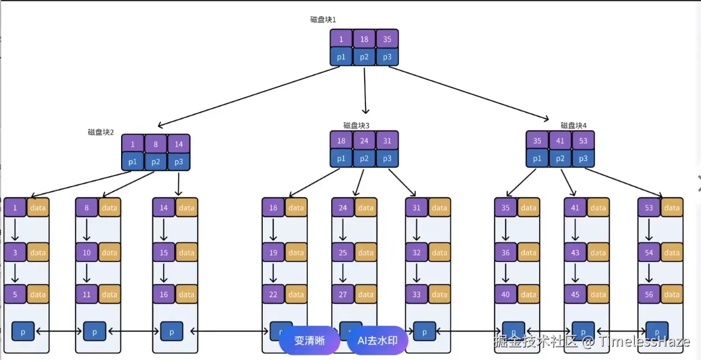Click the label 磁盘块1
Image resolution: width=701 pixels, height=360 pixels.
[x=323, y=20]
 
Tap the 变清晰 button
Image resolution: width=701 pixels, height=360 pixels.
[x=309, y=340]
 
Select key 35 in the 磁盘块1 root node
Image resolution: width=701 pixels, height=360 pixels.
[x=387, y=39]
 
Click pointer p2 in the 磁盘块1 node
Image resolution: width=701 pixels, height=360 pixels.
[x=364, y=57]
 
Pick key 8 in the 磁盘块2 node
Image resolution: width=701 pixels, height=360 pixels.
[x=156, y=144]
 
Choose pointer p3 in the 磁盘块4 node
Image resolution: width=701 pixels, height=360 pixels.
[x=583, y=159]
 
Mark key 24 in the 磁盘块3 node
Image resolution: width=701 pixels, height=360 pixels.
[x=364, y=141]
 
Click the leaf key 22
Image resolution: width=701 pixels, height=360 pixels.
[x=273, y=294]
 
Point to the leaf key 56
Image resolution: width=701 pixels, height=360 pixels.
[x=649, y=294]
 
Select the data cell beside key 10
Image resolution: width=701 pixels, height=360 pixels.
[x=110, y=253]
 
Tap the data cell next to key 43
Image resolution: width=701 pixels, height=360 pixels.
[x=598, y=253]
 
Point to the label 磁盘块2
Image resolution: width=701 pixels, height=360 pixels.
[x=101, y=132]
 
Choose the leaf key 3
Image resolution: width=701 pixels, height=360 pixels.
[x=15, y=253]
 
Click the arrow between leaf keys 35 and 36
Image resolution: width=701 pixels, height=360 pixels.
[x=505, y=230]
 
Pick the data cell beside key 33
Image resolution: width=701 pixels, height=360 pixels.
[x=439, y=294]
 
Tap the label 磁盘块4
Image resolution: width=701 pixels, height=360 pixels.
[x=574, y=126]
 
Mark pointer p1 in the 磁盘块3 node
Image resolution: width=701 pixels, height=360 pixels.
[x=341, y=159]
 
